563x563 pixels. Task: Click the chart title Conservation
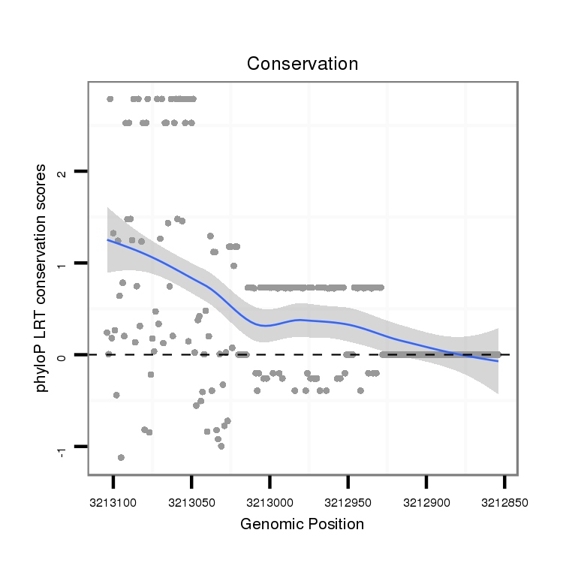[303, 64]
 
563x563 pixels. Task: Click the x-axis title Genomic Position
[302, 524]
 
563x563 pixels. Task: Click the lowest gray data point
[121, 457]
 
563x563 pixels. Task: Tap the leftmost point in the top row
[110, 98]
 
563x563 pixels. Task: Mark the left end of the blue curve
[107, 240]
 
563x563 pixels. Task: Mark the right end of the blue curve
[497, 361]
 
